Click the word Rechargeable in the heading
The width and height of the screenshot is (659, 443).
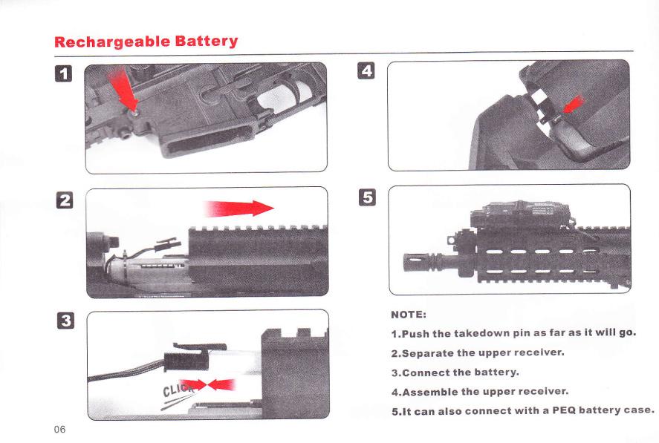tap(112, 42)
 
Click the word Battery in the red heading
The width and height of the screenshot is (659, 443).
tap(207, 41)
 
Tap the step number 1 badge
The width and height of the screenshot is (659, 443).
tap(63, 73)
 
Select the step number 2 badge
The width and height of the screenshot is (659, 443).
tap(65, 200)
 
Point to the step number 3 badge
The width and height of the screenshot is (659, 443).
tap(65, 321)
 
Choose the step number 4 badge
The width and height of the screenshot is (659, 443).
tap(366, 70)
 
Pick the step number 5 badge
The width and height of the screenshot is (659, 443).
tap(367, 197)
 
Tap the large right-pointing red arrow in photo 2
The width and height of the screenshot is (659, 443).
tap(238, 209)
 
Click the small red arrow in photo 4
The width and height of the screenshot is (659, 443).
tap(574, 105)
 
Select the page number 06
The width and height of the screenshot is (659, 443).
tap(59, 429)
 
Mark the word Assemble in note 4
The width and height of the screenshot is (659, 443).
tap(430, 392)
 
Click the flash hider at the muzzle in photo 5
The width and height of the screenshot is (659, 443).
tap(418, 262)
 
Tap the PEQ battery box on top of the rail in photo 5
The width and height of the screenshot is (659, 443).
tap(521, 214)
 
